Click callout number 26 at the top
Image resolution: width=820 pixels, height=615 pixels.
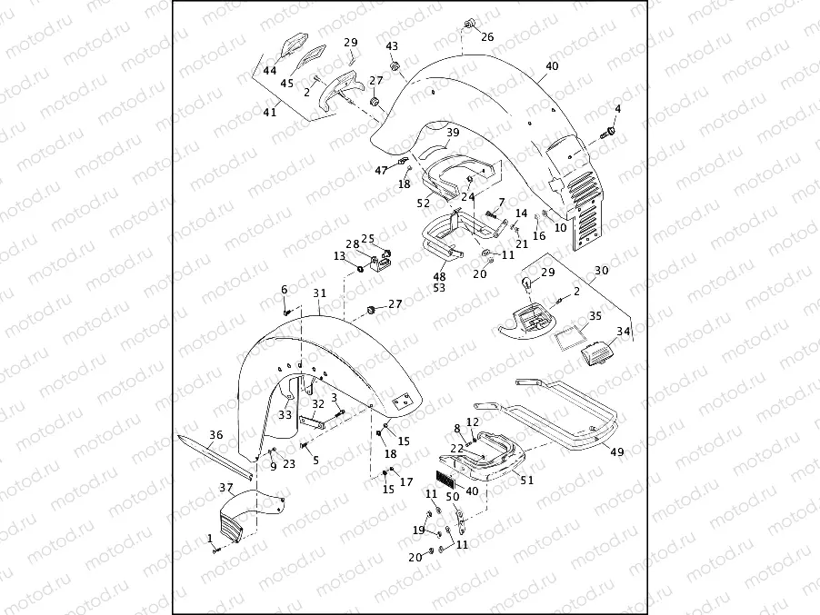pos(487,37)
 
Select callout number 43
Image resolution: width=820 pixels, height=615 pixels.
pos(392,46)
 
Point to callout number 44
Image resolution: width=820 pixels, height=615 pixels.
pos(270,70)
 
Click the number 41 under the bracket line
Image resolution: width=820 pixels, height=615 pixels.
pos(270,112)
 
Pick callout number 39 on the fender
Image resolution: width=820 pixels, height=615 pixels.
pos(453,133)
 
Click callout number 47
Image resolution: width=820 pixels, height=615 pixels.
pos(380,170)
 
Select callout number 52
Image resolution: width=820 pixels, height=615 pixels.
pos(423,203)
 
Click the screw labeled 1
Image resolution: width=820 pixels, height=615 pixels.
pos(215,549)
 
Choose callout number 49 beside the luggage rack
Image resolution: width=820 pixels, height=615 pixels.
pos(616,451)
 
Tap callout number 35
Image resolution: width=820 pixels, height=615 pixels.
pos(595,316)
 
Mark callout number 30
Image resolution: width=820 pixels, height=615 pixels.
pos(602,271)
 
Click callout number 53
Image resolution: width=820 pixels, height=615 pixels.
pos(439,288)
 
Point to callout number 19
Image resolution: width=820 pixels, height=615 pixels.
pos(419,530)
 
